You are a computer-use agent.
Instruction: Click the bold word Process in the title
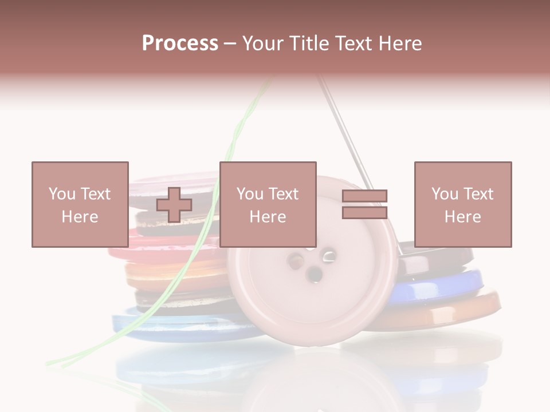[x=180, y=43]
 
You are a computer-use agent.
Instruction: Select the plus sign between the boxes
[x=174, y=205]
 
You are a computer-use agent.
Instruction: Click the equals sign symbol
[x=364, y=204]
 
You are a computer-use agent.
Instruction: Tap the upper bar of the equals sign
[x=364, y=196]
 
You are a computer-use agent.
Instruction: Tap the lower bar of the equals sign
[x=364, y=212]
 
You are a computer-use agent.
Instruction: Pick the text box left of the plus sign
[x=80, y=204]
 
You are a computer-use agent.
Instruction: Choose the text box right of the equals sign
[x=462, y=204]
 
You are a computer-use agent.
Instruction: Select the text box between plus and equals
[x=268, y=204]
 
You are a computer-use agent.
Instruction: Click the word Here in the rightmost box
[x=462, y=217]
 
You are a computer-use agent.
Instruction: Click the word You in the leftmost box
[x=61, y=194]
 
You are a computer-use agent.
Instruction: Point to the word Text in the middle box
[x=283, y=194]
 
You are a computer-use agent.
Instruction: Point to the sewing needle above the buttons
[x=344, y=132]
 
